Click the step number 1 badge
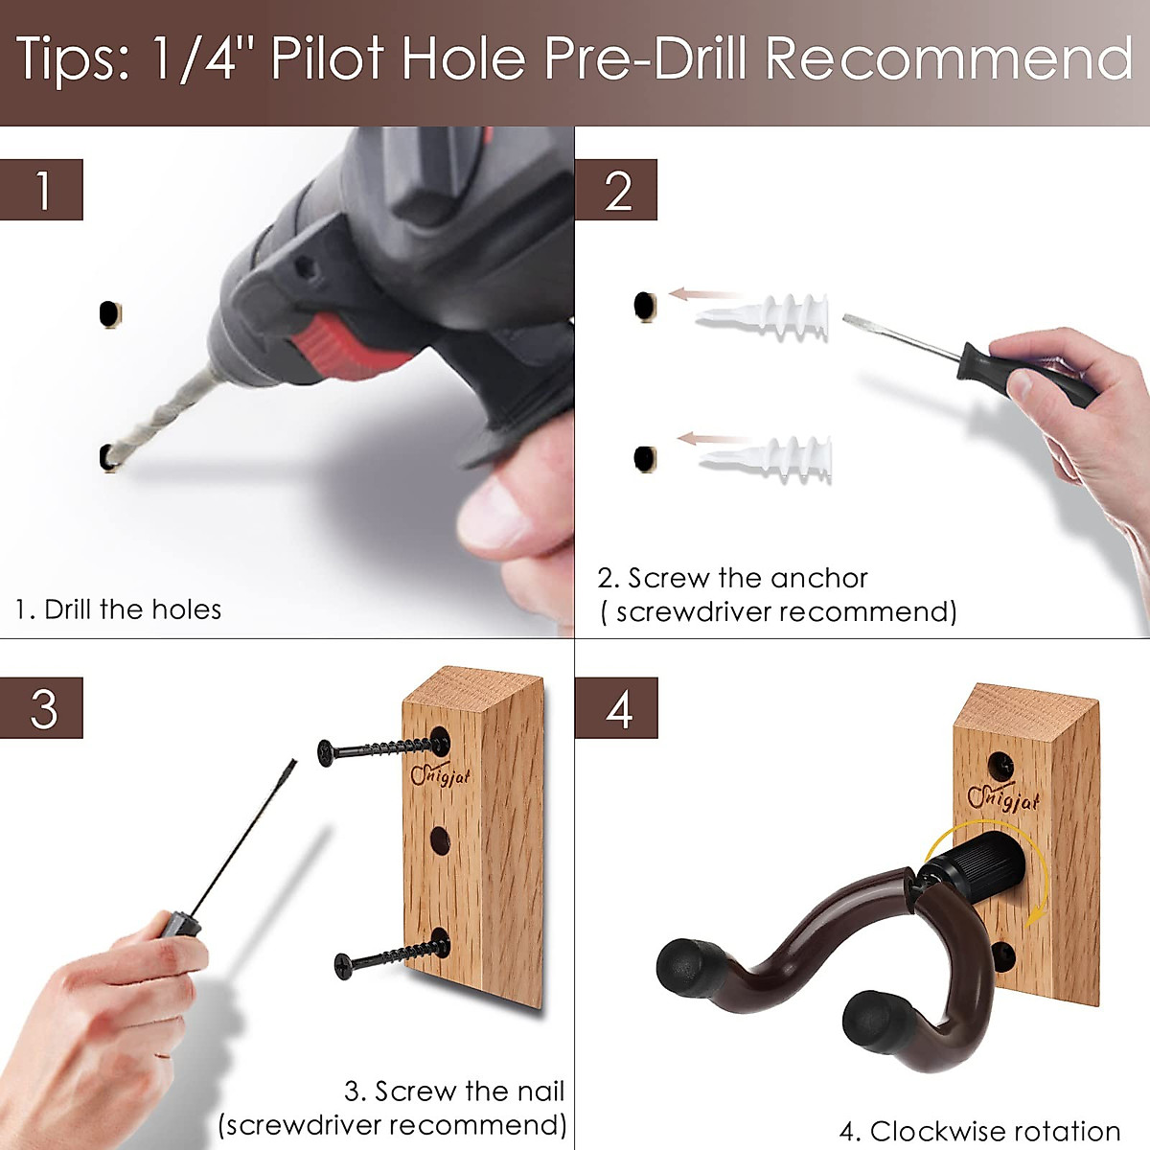pos(41,190)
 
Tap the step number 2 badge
pos(616,190)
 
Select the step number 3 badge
pos(41,708)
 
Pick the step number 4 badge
pos(616,708)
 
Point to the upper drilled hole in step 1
pos(109,313)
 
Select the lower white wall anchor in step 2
pos(766,458)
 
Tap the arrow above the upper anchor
pos(704,293)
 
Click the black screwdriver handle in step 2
pos(1026,374)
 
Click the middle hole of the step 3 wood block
pos(440,840)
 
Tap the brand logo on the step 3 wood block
pos(440,775)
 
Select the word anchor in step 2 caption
pos(818,578)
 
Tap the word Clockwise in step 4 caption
pos(934,1131)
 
